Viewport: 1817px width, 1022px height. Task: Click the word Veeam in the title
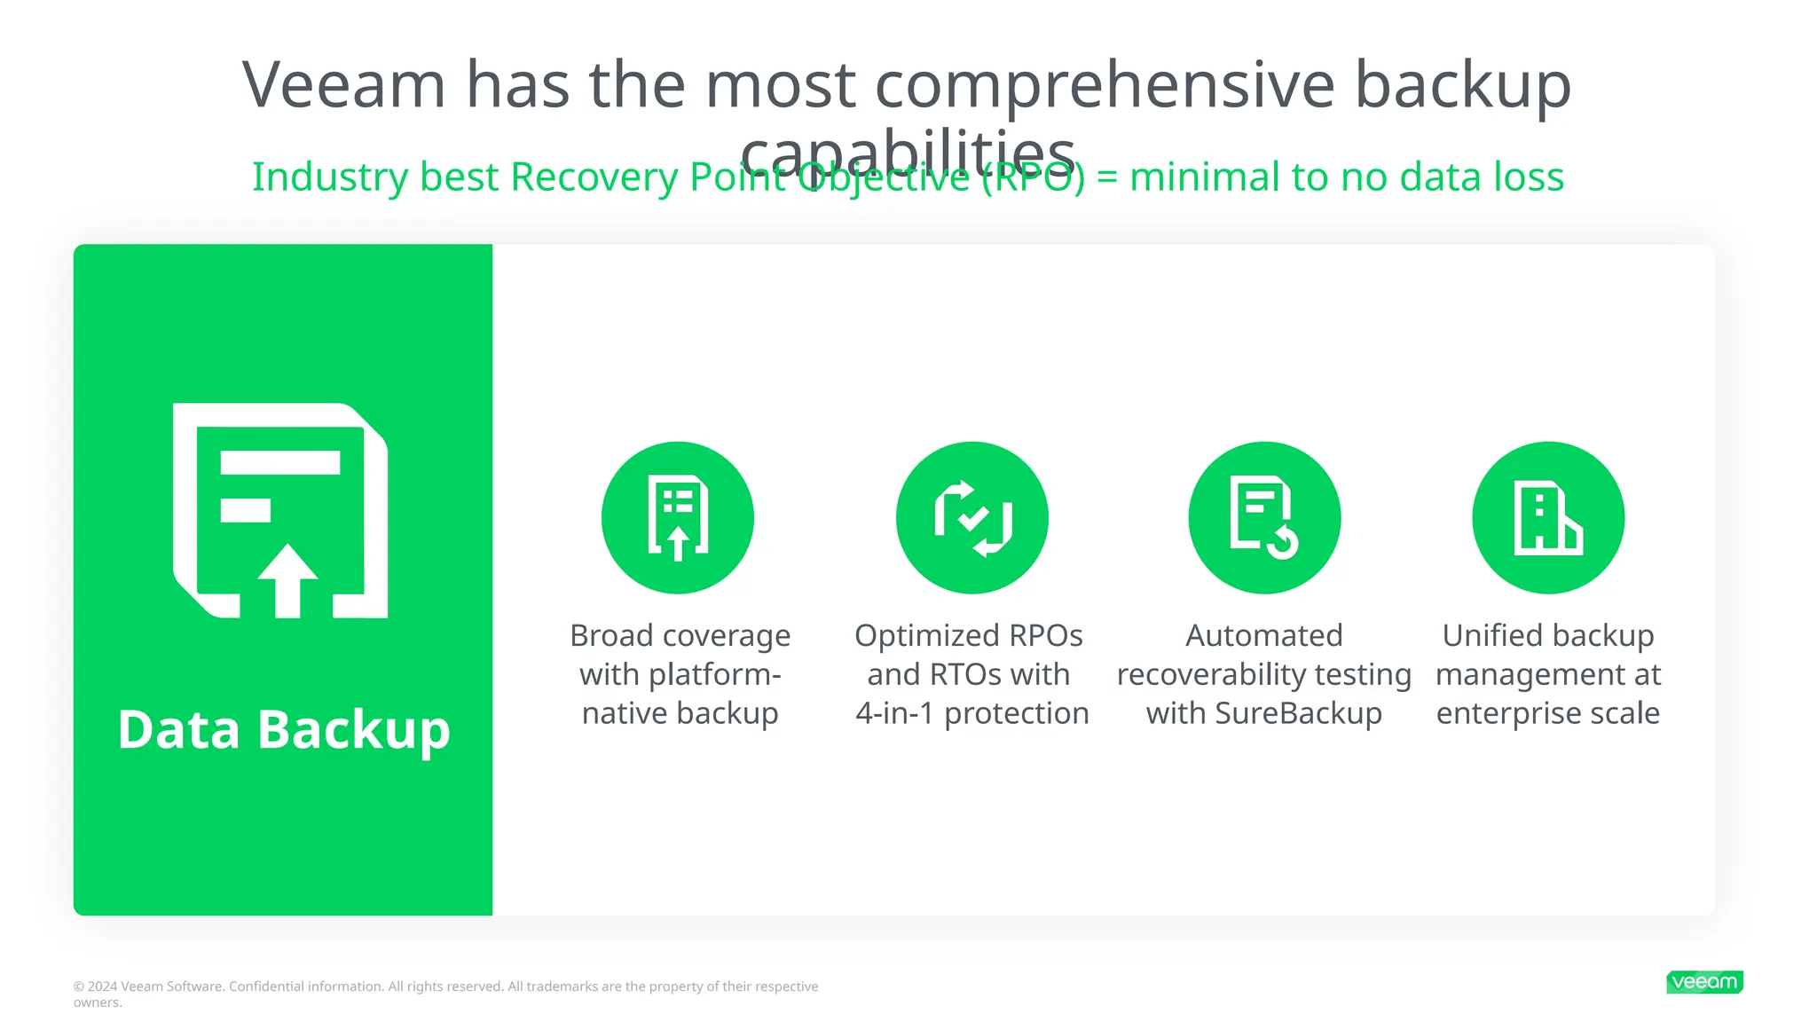point(343,85)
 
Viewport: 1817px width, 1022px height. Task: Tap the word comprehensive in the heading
point(1105,85)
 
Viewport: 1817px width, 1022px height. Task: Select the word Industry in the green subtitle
point(330,177)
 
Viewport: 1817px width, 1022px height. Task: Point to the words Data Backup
point(284,729)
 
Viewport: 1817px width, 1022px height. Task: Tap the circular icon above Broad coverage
point(678,517)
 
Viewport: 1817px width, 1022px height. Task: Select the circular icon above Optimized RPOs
point(971,517)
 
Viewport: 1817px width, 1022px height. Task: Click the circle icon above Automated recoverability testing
point(1264,517)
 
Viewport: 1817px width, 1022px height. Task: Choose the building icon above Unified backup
point(1548,517)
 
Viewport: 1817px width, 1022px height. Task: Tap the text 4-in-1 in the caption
point(895,713)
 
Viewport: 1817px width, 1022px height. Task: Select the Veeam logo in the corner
point(1704,982)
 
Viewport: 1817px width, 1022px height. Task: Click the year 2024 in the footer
point(102,987)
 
